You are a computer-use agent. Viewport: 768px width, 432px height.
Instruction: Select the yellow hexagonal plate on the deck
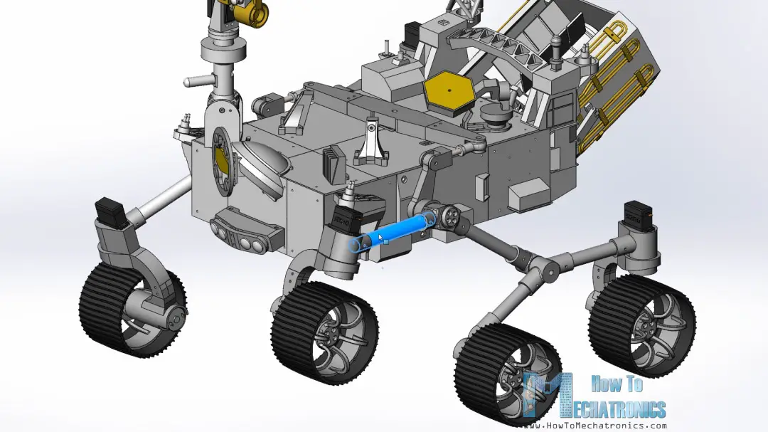tap(449, 93)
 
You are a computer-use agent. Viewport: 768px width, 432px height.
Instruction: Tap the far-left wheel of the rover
tap(132, 310)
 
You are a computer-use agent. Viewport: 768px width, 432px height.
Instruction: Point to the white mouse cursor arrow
tap(382, 237)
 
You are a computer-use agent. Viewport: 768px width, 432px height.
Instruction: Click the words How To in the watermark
tap(616, 384)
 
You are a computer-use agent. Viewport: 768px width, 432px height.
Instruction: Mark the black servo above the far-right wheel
tap(639, 212)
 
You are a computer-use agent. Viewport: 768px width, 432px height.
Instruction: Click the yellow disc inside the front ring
tap(222, 163)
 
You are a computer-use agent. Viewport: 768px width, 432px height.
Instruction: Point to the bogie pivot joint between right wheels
tap(546, 269)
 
